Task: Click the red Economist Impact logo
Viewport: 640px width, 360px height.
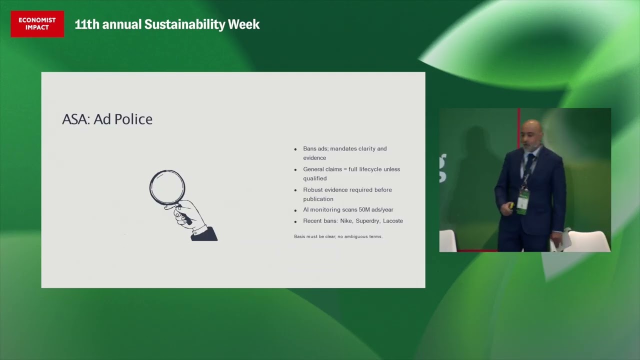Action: coord(37,24)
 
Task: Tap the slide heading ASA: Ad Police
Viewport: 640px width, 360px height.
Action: coord(107,119)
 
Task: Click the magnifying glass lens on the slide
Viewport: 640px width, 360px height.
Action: coord(167,187)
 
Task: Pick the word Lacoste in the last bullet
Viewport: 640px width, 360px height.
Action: coord(392,221)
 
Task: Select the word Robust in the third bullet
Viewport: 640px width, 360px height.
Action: coord(312,190)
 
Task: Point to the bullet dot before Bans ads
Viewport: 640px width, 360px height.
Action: coord(295,149)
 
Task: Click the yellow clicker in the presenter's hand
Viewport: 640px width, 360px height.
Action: coord(511,204)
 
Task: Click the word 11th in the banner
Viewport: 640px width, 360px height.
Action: coord(86,24)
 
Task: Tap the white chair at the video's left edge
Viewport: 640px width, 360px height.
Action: coord(447,241)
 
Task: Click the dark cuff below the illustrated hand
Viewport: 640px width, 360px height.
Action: coord(204,234)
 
